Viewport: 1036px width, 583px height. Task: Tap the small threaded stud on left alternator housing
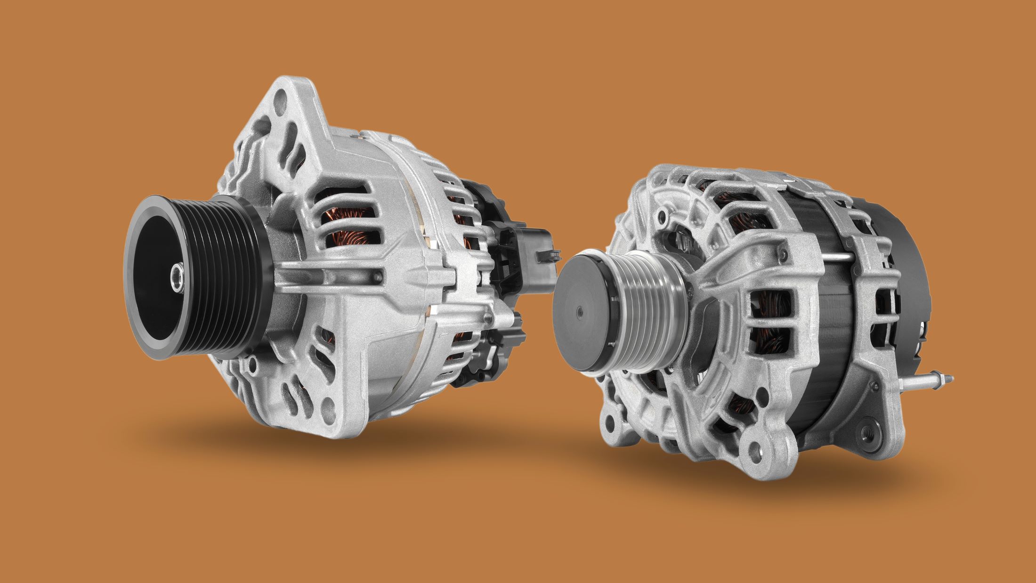(488, 318)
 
